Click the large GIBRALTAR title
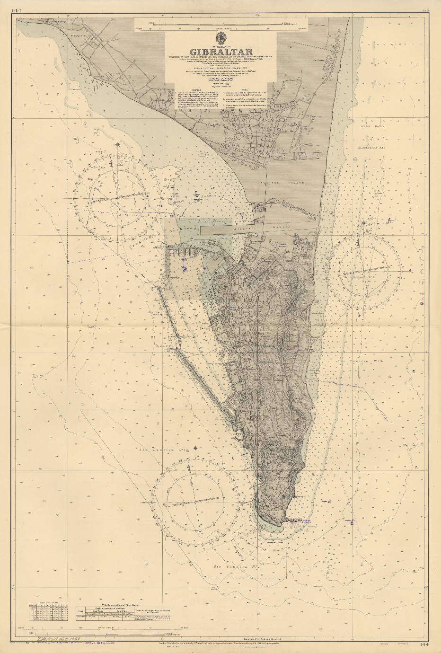point(221,52)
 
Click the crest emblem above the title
point(220,38)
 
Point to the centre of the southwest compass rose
point(194,502)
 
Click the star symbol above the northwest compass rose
point(116,144)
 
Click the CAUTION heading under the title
point(194,89)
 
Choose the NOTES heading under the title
point(244,89)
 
